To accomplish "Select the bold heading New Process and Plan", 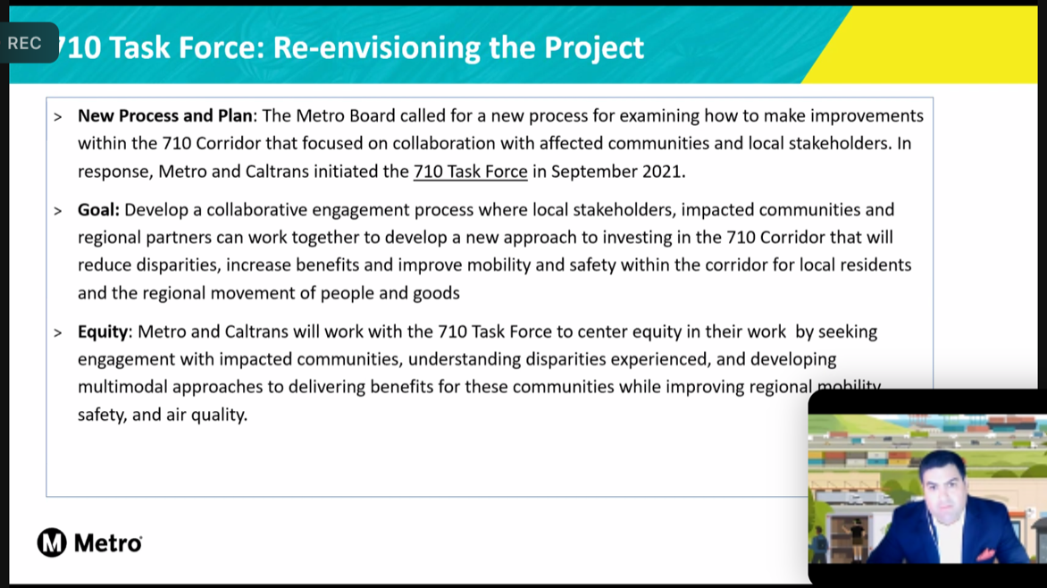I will (165, 116).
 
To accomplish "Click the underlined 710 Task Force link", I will (470, 172).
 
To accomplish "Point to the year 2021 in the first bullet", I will (663, 172).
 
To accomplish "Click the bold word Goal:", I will (98, 210).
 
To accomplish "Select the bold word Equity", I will (103, 332).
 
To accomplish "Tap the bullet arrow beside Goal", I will (58, 212).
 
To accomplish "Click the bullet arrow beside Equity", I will (58, 333).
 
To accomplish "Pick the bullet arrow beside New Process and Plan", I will (58, 117).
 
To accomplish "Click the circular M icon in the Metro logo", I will (52, 542).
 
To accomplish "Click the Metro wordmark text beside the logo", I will (107, 542).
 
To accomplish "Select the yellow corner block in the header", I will (947, 45).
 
